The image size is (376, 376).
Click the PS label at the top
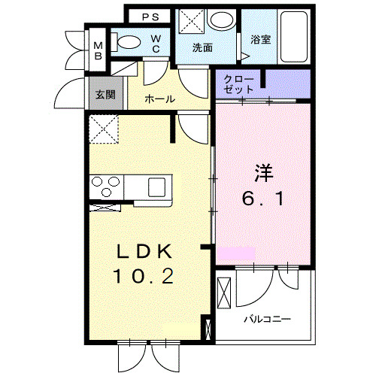point(150,16)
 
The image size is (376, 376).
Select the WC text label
point(155,44)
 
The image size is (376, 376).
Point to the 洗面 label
point(202,47)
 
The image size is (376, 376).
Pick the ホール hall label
point(159,99)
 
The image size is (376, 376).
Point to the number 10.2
point(144,277)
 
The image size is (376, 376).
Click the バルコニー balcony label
point(266,318)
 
